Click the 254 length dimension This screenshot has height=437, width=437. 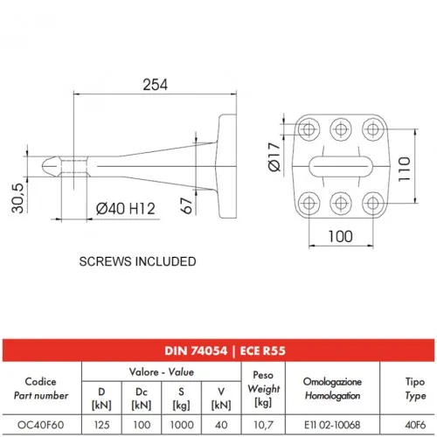(155, 85)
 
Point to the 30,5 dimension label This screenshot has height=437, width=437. (17, 198)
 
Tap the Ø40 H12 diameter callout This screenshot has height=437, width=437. (126, 209)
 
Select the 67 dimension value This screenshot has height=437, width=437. (186, 205)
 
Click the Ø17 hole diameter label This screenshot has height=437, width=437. (274, 156)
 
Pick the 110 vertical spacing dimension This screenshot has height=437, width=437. (405, 169)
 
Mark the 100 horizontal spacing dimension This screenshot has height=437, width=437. (340, 236)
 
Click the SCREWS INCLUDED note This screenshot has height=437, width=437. (137, 261)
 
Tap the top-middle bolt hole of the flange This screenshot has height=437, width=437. (341, 129)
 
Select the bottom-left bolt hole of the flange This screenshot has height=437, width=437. (309, 203)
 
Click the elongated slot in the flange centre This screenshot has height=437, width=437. (341, 166)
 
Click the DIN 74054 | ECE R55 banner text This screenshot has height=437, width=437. (225, 350)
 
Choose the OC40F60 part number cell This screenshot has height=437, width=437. (40, 425)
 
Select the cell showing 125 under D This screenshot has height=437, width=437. (101, 425)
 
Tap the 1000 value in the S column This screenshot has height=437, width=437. (182, 425)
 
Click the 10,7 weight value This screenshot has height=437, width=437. (263, 426)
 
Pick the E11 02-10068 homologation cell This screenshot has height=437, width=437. (332, 425)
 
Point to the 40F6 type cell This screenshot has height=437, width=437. (415, 425)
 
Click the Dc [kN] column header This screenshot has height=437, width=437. (142, 399)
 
